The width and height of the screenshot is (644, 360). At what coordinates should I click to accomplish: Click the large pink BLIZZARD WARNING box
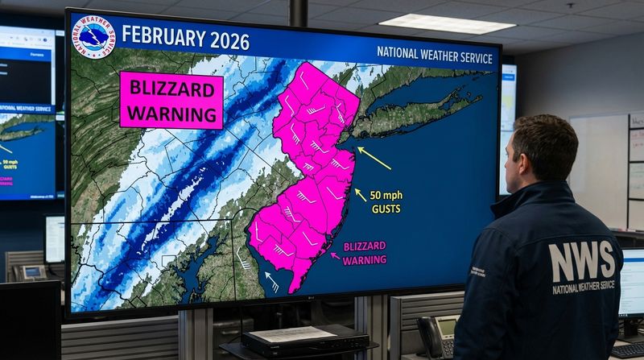pos(171,100)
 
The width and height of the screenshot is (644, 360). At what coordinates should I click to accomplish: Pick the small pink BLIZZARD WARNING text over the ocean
pos(364,253)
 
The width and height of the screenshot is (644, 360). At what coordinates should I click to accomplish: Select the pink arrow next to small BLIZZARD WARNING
pos(336,257)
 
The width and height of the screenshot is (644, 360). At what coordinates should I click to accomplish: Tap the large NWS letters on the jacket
pos(581,262)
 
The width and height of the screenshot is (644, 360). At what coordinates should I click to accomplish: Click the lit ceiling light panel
pos(436,23)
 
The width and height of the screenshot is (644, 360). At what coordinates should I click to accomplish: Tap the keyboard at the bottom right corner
pos(627,350)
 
